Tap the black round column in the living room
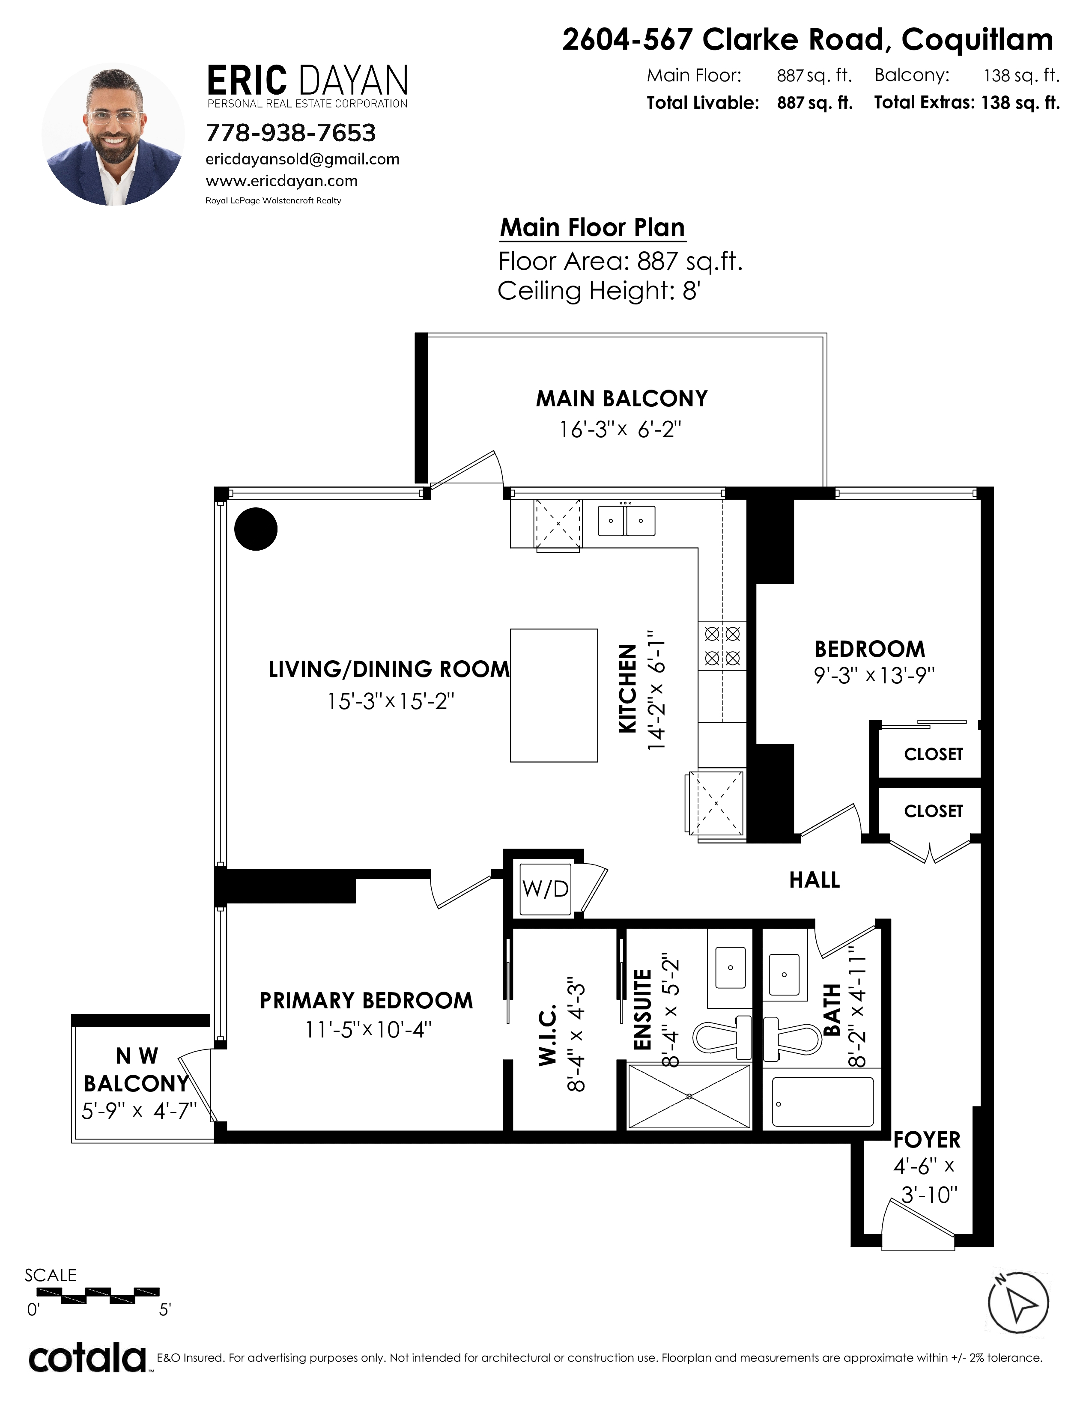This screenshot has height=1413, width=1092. (256, 528)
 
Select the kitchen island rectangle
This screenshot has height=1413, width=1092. (554, 695)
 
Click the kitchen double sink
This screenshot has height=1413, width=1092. (626, 520)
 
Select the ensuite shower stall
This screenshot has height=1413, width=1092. (689, 1096)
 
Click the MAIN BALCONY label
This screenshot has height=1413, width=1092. (622, 399)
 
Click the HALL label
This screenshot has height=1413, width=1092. (815, 880)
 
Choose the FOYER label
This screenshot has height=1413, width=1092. (926, 1157)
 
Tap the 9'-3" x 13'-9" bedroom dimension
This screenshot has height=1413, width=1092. (874, 675)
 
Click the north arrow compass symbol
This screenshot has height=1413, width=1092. (1018, 1303)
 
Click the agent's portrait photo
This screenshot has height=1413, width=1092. (113, 134)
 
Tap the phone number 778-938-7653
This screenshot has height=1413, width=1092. (290, 133)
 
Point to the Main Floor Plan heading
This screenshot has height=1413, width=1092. (592, 228)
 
